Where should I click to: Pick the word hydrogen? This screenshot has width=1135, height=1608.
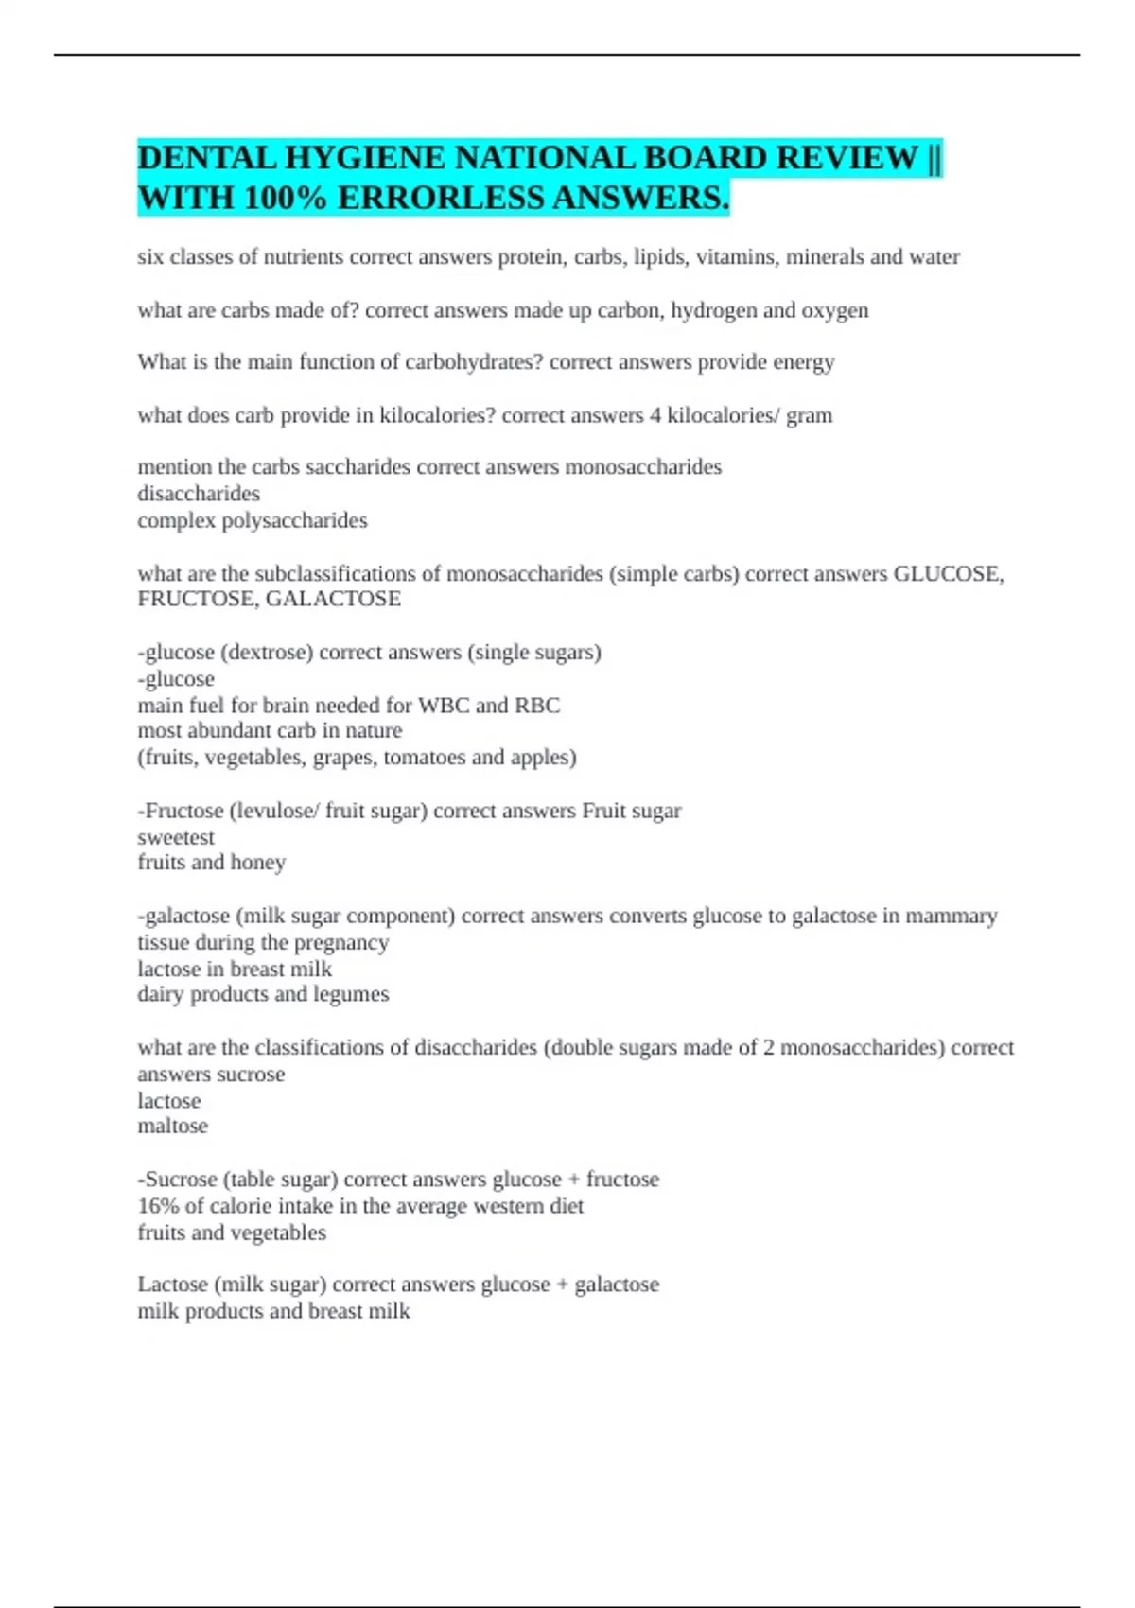[x=709, y=310]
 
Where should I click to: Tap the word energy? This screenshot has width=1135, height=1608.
[x=804, y=362]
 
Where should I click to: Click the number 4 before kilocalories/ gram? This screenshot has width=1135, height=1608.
[x=655, y=415]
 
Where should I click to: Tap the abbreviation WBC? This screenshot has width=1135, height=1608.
[x=444, y=705]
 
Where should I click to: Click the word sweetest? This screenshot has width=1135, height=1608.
[x=176, y=837]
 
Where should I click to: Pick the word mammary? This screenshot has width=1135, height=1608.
[x=952, y=916]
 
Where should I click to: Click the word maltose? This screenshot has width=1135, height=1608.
[x=172, y=1126]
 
